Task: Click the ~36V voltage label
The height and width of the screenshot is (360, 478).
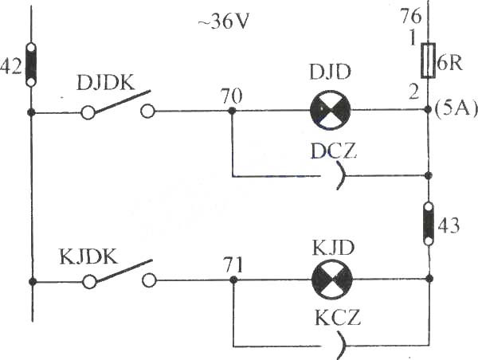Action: pyautogui.click(x=223, y=22)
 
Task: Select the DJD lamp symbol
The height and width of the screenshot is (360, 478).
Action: pyautogui.click(x=330, y=110)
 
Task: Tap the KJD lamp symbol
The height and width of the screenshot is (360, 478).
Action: pyautogui.click(x=332, y=280)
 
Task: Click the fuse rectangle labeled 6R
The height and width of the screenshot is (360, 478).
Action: pyautogui.click(x=428, y=61)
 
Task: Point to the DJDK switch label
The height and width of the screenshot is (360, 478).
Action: pyautogui.click(x=105, y=83)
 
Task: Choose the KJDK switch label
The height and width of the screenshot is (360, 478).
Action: pyautogui.click(x=88, y=256)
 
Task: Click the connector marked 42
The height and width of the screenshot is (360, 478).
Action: pyautogui.click(x=30, y=65)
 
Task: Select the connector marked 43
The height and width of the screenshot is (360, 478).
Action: pyautogui.click(x=429, y=224)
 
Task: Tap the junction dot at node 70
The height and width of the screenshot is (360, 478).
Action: pyautogui.click(x=232, y=111)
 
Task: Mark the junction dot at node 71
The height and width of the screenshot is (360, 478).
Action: pyautogui.click(x=233, y=280)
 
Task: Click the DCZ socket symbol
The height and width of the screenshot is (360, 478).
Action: pyautogui.click(x=343, y=176)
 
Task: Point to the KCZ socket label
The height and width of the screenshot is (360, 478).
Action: pyautogui.click(x=338, y=318)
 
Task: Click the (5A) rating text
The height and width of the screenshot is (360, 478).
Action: pyautogui.click(x=455, y=109)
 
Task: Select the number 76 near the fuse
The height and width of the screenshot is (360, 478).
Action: pyautogui.click(x=411, y=16)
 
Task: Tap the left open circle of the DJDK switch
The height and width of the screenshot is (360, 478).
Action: pyautogui.click(x=88, y=112)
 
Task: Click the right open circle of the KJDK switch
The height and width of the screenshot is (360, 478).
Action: pyautogui.click(x=149, y=280)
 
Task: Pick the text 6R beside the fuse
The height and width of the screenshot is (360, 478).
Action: pyautogui.click(x=449, y=64)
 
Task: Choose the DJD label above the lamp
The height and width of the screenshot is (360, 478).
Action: pyautogui.click(x=330, y=72)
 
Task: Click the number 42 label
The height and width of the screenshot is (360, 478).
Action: pyautogui.click(x=11, y=66)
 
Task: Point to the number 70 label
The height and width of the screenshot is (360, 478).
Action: pyautogui.click(x=232, y=96)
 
